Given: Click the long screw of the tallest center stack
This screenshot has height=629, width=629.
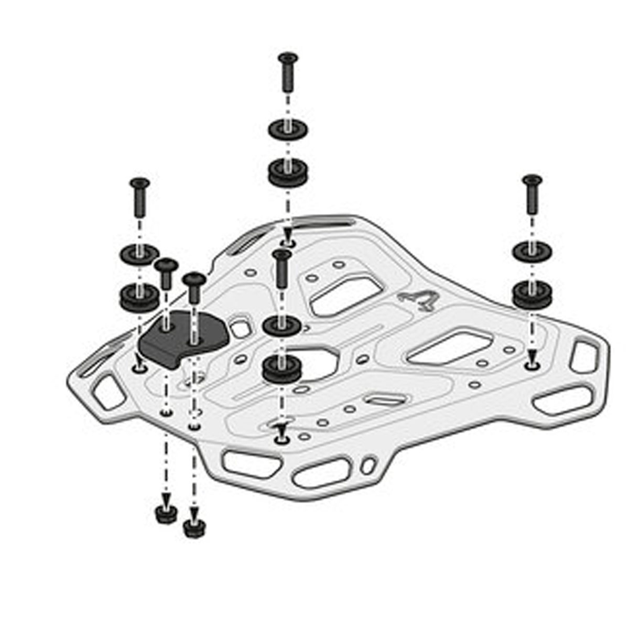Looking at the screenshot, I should pyautogui.click(x=288, y=73).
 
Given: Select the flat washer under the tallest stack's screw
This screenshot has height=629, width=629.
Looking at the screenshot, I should pyautogui.click(x=288, y=128).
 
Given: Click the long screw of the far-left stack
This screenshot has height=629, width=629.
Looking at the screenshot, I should pyautogui.click(x=139, y=198).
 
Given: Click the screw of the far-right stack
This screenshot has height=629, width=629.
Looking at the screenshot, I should pyautogui.click(x=532, y=194).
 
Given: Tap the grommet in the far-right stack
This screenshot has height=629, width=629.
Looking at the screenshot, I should pyautogui.click(x=532, y=294).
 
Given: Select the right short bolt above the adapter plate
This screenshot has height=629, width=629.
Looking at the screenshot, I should pyautogui.click(x=194, y=286).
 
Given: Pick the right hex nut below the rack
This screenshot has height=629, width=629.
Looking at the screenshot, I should pyautogui.click(x=194, y=528).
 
